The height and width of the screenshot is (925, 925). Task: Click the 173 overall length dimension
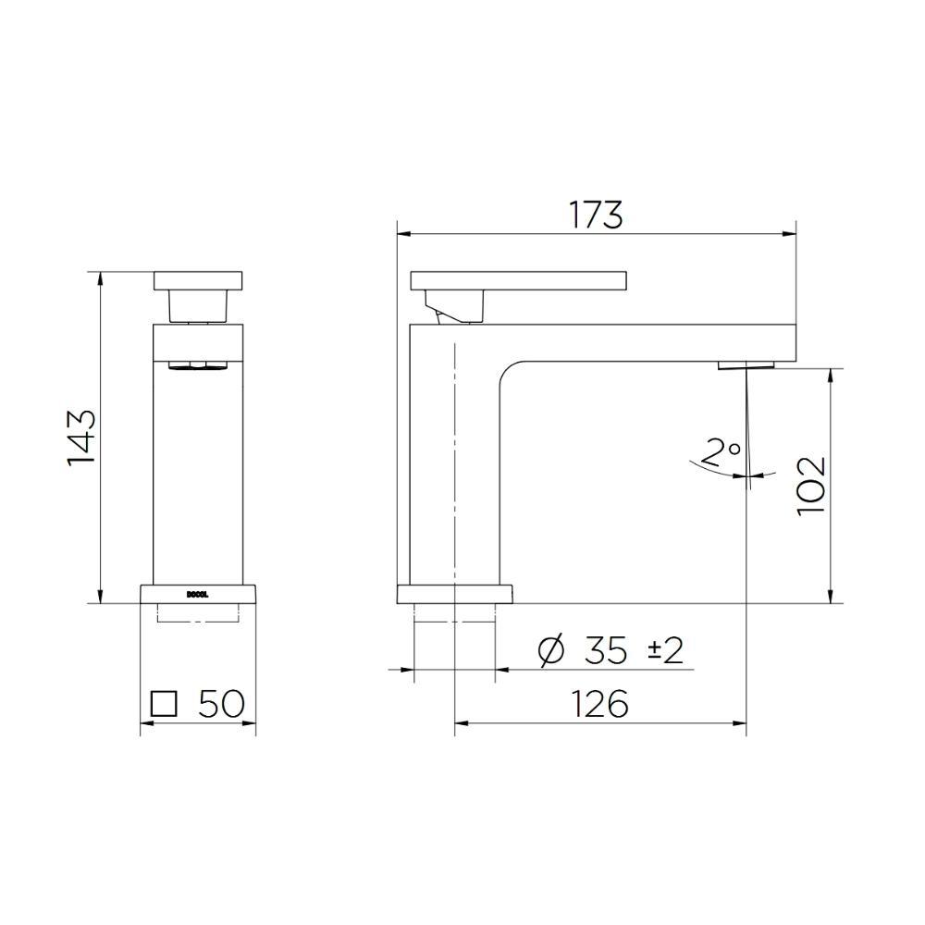point(596,215)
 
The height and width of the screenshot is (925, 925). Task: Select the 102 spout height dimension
point(810,485)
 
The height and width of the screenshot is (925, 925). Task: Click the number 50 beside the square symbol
point(221,704)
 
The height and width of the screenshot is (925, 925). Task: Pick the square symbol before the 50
point(164,704)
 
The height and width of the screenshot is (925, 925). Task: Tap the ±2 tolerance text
point(665,651)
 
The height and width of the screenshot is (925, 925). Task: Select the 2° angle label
point(721,452)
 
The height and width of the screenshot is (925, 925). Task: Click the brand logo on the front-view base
point(197,595)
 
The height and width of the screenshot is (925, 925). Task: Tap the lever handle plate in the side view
point(518,278)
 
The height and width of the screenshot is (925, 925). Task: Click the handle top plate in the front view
point(197,280)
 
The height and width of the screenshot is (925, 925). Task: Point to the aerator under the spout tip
point(746,364)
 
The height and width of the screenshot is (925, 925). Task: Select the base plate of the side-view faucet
point(454,594)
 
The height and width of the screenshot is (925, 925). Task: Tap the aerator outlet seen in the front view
point(197,366)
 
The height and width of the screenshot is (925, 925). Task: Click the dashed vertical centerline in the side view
point(454,462)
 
